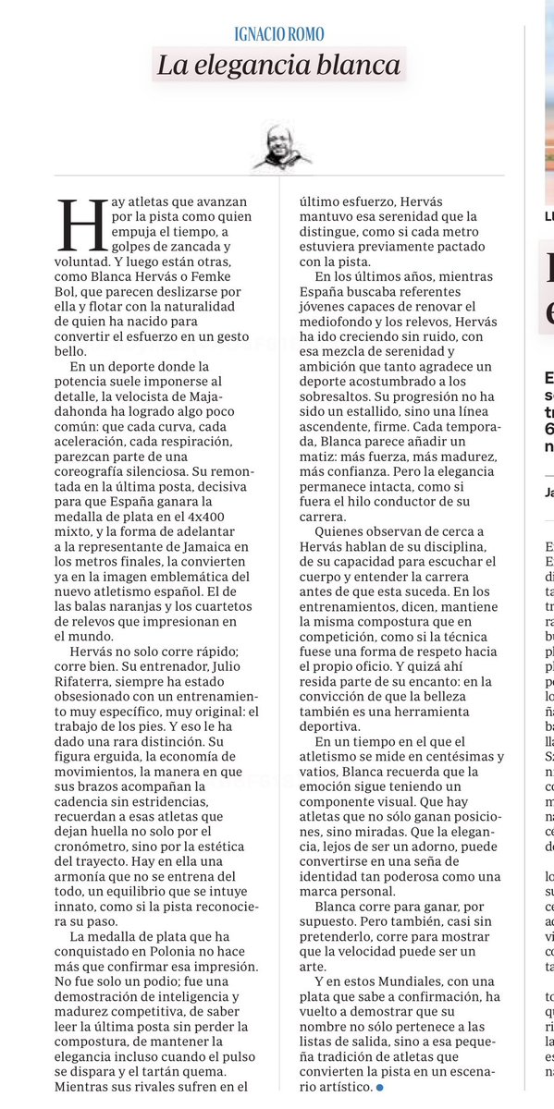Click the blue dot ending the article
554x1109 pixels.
coord(379,1088)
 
